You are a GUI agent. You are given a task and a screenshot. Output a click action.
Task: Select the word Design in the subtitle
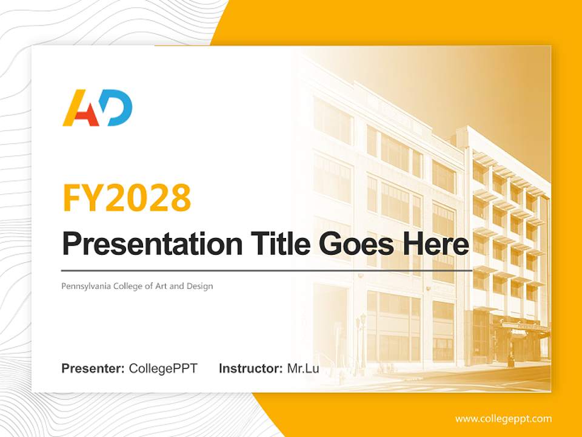[x=200, y=286]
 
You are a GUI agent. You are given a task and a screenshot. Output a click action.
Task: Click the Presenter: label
[x=93, y=368]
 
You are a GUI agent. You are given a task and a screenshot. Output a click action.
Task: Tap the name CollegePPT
[x=163, y=368]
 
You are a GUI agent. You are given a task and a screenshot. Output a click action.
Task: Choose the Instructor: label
[x=250, y=368]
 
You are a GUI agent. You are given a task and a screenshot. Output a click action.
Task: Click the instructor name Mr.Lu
[x=303, y=368]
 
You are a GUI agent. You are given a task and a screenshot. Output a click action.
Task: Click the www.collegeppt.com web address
[x=503, y=418]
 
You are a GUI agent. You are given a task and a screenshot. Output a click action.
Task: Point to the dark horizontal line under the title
[x=267, y=270]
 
